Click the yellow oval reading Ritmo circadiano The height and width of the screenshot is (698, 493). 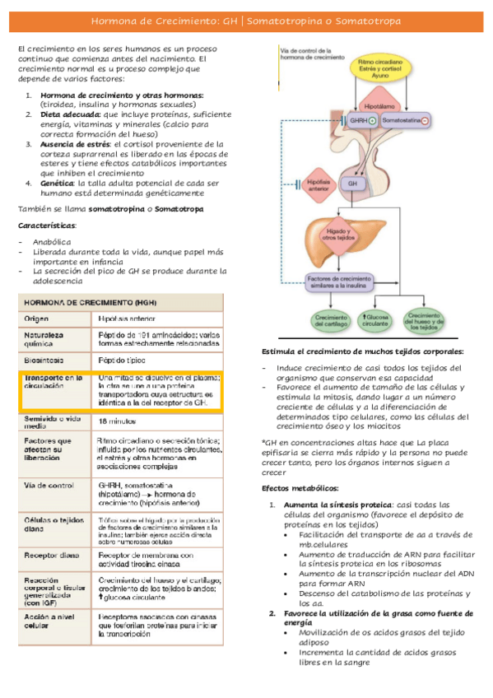tap(380, 70)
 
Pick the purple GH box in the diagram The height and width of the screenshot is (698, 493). tap(352, 183)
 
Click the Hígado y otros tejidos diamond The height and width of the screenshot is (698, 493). tap(333, 235)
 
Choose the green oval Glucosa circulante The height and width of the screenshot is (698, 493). tap(375, 320)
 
